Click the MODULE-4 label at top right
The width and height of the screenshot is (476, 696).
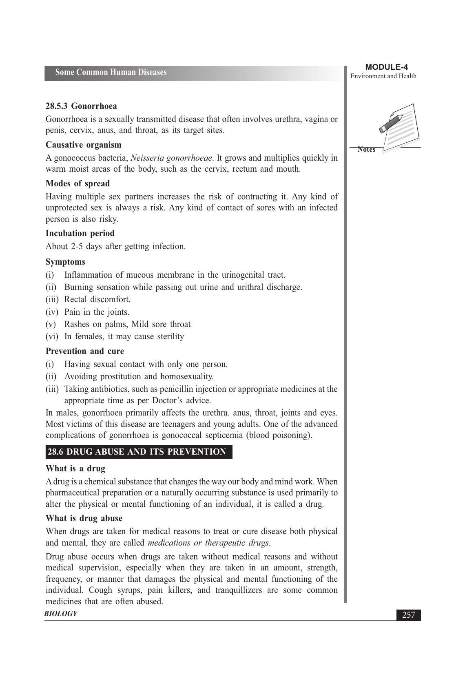(386, 67)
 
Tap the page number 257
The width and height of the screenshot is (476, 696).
(408, 615)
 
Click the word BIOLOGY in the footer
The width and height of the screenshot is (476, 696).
(61, 614)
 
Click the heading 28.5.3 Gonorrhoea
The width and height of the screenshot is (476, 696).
(81, 106)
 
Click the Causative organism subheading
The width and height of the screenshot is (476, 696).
(83, 145)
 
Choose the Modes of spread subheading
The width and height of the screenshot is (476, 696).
(77, 183)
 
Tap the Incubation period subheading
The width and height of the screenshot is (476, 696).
(80, 233)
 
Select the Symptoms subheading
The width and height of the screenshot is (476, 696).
(65, 262)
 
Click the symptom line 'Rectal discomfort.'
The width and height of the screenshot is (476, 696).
(97, 299)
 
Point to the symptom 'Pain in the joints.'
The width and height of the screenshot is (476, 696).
(97, 312)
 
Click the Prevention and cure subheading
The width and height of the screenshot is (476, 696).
(85, 351)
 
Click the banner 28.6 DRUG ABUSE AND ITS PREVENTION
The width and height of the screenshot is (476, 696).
(138, 452)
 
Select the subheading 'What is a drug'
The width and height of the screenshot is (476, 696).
(75, 468)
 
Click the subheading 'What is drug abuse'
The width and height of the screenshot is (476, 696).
(84, 518)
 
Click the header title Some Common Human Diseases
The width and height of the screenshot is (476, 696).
(111, 73)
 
